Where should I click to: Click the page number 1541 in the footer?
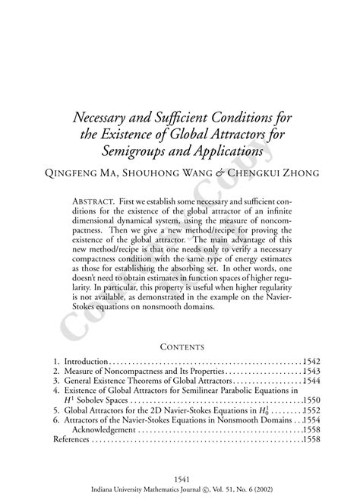click(181, 479)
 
